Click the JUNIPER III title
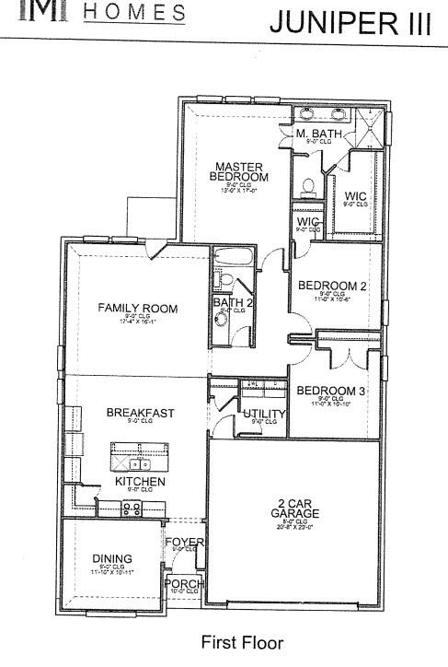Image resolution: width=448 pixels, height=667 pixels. (349, 22)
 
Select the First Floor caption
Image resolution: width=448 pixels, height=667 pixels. (242, 642)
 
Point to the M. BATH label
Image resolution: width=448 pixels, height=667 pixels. (319, 135)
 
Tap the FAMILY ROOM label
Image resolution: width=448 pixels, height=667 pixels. (138, 308)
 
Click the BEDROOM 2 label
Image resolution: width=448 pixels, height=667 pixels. (333, 286)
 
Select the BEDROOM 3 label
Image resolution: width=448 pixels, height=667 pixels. (331, 391)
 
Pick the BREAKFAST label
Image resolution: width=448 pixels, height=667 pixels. (140, 413)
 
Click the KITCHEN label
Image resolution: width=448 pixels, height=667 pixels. (140, 482)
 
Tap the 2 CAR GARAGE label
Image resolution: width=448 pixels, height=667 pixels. (294, 508)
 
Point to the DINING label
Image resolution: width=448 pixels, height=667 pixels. (112, 558)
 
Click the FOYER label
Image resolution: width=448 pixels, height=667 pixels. (184, 542)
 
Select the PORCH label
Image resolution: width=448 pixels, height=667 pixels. (182, 583)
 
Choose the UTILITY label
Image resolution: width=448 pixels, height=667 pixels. (264, 414)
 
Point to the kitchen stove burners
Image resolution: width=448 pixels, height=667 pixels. (132, 508)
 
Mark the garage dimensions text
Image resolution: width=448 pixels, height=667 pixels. (294, 526)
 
